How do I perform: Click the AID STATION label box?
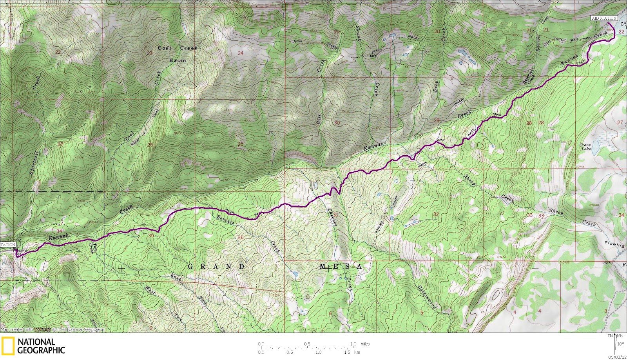click(x=604, y=18)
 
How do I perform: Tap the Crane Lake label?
click(x=585, y=147)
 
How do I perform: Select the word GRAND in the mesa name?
click(x=216, y=267)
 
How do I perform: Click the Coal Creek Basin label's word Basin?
click(x=178, y=60)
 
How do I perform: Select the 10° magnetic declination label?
click(x=620, y=344)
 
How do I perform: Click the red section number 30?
click(x=337, y=123)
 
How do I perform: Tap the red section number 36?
click(x=241, y=237)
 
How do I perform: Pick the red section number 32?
click(x=436, y=215)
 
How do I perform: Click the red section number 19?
click(x=336, y=32)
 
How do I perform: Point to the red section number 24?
click(x=240, y=53)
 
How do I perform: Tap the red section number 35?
click(x=151, y=236)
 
